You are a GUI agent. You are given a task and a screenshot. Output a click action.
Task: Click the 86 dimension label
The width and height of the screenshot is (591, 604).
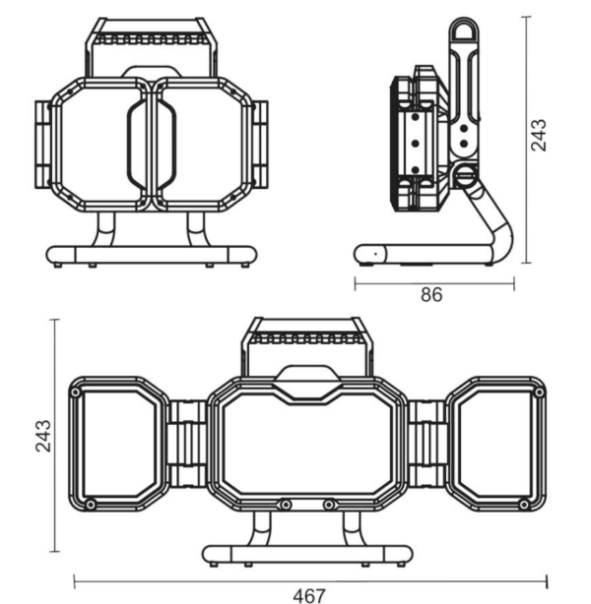(x=431, y=295)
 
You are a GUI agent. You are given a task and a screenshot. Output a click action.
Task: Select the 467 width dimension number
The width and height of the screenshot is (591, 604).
(x=309, y=595)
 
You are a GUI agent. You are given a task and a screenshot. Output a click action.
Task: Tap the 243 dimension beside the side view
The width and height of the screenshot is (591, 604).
(x=539, y=135)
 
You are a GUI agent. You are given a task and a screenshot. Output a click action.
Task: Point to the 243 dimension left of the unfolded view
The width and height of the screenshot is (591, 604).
(x=42, y=436)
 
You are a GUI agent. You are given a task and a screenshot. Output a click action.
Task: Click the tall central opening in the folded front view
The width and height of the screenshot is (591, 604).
(x=152, y=145)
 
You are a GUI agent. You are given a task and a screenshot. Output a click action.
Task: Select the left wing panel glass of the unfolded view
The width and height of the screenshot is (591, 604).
(x=119, y=444)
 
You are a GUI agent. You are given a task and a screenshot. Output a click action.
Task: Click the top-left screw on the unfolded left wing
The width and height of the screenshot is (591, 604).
(x=76, y=393)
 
